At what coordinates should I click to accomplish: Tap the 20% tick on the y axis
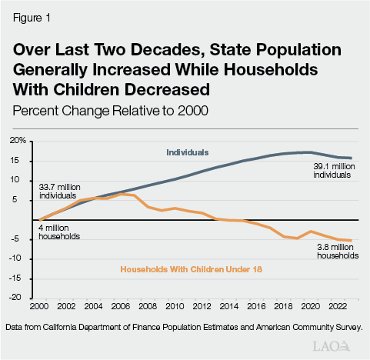(18, 142)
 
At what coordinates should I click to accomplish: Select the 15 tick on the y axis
(22, 161)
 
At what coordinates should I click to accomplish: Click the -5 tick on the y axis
(22, 239)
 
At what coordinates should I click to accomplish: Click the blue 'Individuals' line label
(188, 152)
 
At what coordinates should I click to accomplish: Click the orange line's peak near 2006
(121, 194)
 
